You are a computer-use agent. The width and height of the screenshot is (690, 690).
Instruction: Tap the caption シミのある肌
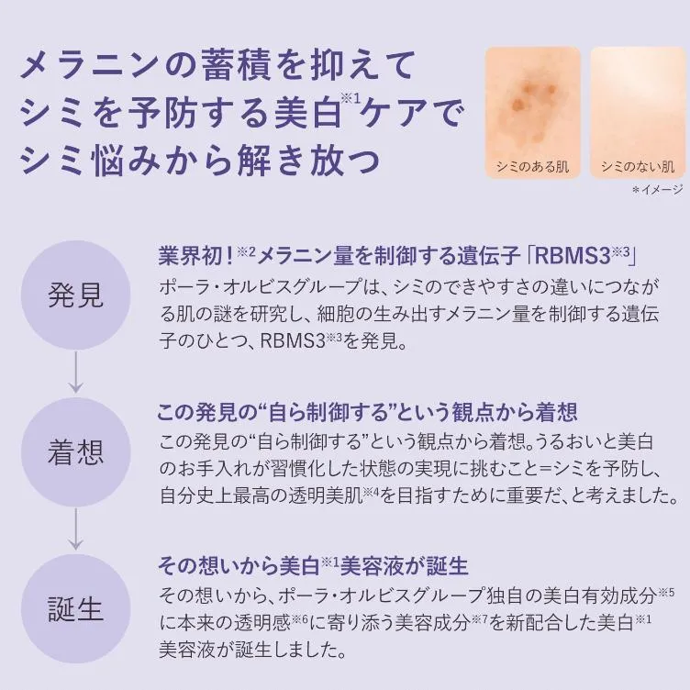(532, 166)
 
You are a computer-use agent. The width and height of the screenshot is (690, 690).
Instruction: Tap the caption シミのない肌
(638, 166)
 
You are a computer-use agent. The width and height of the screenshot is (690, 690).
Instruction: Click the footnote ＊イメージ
(657, 190)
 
